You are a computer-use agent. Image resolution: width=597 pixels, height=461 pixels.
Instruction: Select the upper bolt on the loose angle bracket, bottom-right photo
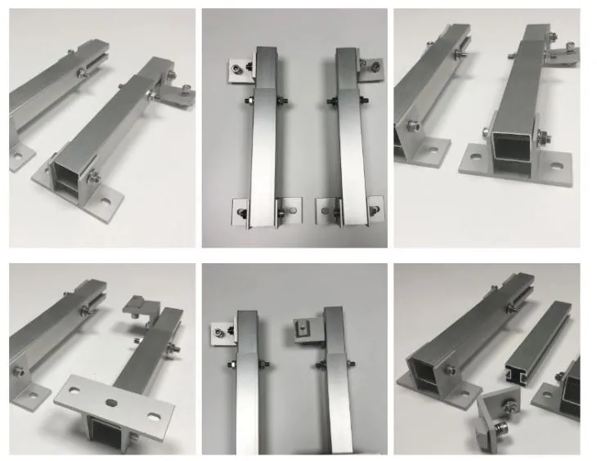click(508, 398)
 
